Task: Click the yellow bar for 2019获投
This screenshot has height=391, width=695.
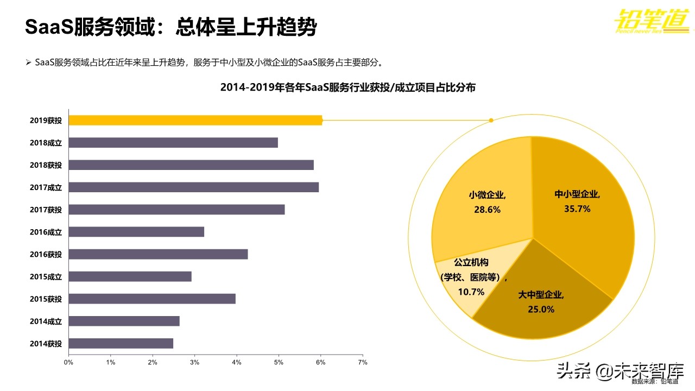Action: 195,120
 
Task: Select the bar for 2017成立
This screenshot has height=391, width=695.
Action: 193,187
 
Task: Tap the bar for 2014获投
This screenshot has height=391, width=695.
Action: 121,343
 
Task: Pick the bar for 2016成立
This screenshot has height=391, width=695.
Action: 136,232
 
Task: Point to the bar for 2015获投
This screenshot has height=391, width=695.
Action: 152,299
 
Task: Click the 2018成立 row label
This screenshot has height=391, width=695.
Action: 46,143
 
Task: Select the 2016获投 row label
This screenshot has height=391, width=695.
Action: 46,254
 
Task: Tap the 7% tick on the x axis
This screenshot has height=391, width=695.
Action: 363,362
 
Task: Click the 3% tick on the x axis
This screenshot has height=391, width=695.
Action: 194,362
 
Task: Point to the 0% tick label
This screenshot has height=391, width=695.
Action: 68,362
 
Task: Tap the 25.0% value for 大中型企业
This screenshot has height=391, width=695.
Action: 541,309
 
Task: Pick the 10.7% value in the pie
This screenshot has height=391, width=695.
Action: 471,292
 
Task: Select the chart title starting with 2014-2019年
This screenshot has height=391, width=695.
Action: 347,87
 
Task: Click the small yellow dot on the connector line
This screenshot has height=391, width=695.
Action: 491,120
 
